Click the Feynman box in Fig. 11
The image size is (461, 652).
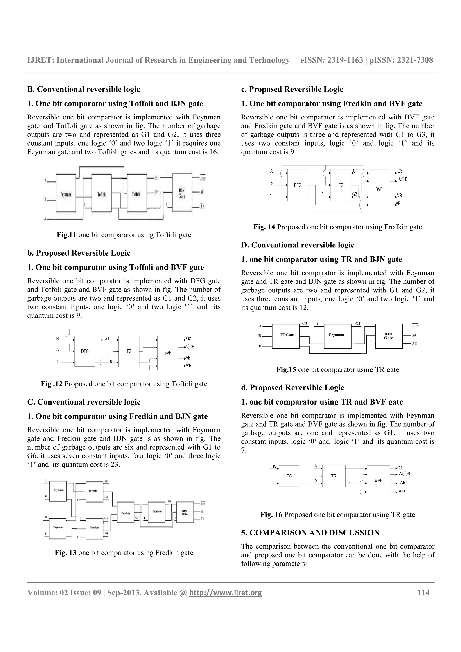coord(66,193)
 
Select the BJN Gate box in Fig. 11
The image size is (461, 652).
coord(182,193)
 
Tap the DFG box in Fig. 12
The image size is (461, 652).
coord(85,351)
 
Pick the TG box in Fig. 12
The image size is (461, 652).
coord(129,351)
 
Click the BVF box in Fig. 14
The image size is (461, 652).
coord(379,189)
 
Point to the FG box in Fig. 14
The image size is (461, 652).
coord(341,185)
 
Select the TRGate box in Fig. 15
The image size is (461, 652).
coord(286,336)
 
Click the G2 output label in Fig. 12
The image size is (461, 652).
coord(188,339)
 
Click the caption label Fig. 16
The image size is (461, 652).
coord(271,515)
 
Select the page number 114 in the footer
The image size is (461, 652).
coord(423,592)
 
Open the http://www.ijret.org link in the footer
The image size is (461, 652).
coord(225,593)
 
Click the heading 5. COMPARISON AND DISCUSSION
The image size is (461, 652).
coord(310,533)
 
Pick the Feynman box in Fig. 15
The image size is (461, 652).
coord(337,336)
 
